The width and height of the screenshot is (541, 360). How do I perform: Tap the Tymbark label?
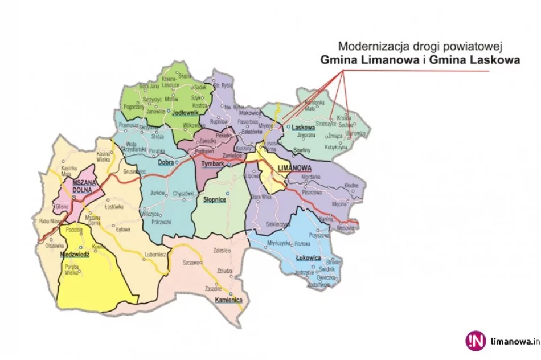pos(212,165)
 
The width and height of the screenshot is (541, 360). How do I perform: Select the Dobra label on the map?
pos(165,162)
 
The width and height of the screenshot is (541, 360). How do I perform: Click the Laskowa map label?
pos(303,128)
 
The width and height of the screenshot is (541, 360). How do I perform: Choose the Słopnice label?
pos(215,200)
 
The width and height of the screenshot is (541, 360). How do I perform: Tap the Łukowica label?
pos(308,257)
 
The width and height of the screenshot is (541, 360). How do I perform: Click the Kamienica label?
pos(228,300)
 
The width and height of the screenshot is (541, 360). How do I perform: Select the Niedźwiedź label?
pos(75,255)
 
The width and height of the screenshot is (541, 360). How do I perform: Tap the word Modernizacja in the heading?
pos(368,45)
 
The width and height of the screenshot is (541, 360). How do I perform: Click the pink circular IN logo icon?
pos(476,341)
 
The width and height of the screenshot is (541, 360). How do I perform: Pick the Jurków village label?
pos(157,193)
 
